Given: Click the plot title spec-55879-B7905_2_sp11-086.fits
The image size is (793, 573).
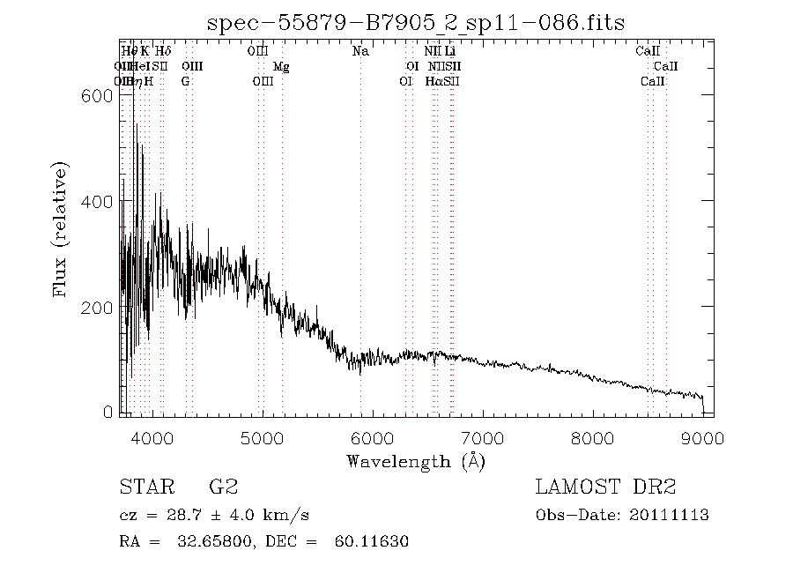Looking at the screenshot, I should coord(415,22).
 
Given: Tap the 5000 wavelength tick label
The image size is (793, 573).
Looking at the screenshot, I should coord(262,437).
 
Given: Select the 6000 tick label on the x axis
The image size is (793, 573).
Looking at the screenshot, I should coord(372,437).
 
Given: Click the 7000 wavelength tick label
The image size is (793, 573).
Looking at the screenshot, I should coord(482,437).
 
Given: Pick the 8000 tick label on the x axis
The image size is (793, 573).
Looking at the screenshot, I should coord(592,437).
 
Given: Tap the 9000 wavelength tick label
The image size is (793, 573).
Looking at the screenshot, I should coord(702,437).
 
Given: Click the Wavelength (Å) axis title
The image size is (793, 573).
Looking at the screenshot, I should coord(416,461).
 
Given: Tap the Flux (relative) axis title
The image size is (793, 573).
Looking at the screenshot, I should coord(61,229).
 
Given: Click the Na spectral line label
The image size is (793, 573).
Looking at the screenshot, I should coord(360,52).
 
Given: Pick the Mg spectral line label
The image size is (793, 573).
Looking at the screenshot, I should coord(281,67).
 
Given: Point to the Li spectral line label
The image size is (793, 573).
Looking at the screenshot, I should coord(449,52).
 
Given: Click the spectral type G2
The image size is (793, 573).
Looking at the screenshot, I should coord(223,487).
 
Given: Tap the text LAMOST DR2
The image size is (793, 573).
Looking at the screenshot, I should coord(605,487).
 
